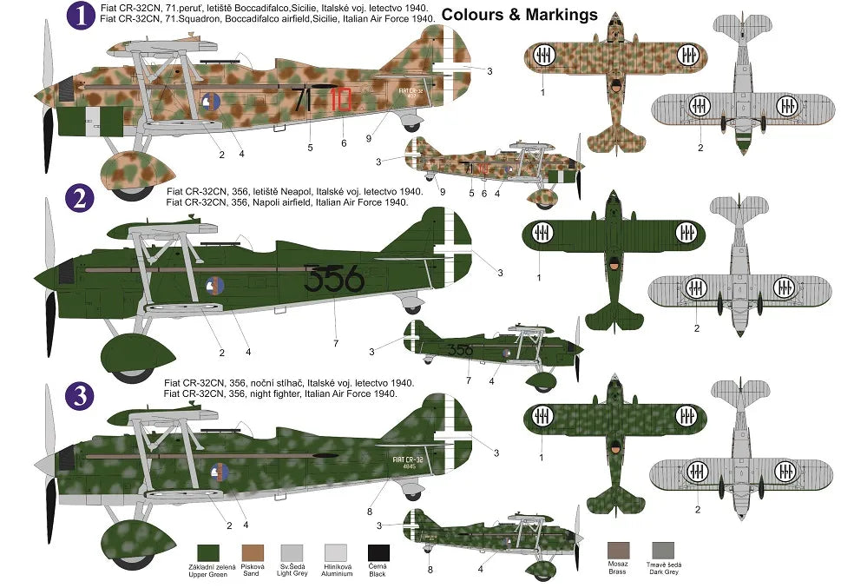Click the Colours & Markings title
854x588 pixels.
coord(519,14)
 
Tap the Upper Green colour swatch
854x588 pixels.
coord(208,552)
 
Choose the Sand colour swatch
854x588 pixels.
coord(251,552)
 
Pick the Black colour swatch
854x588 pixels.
coord(378,552)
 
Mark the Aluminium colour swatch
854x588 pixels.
coord(336,552)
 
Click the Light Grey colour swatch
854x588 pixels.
coord(293,552)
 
